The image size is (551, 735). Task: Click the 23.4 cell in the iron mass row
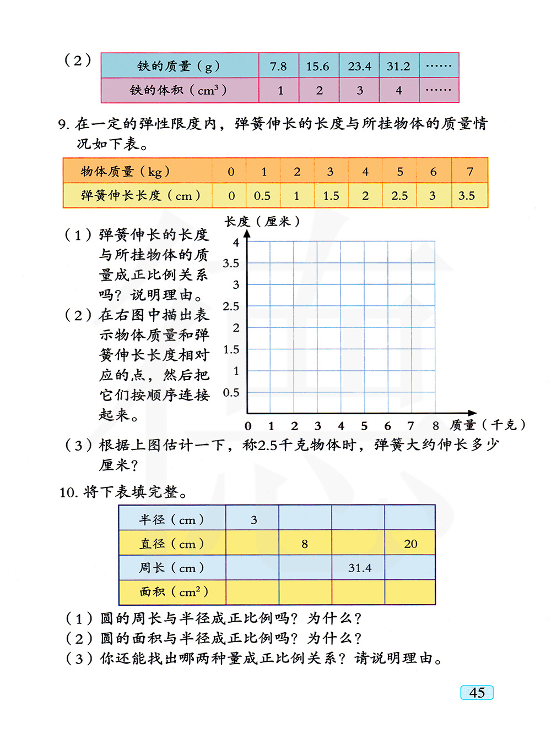pyautogui.click(x=359, y=66)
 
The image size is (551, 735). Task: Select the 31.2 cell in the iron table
pyautogui.click(x=398, y=66)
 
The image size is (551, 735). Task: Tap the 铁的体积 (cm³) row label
pyautogui.click(x=179, y=90)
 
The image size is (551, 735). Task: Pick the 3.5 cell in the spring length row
pyautogui.click(x=467, y=196)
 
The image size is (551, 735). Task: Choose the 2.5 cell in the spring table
pyautogui.click(x=399, y=196)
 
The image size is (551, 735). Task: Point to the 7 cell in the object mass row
pyautogui.click(x=470, y=171)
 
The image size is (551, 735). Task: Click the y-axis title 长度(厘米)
pyautogui.click(x=262, y=221)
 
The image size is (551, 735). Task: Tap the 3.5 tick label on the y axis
pyautogui.click(x=231, y=263)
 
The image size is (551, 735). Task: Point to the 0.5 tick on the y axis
pyautogui.click(x=231, y=392)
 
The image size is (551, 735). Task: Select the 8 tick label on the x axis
pyautogui.click(x=435, y=426)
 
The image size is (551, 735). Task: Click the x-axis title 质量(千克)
pyautogui.click(x=488, y=425)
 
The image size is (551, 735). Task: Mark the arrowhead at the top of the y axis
pyautogui.click(x=247, y=234)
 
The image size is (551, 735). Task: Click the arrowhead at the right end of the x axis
pyautogui.click(x=472, y=413)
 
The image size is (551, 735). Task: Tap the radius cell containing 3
pyautogui.click(x=253, y=519)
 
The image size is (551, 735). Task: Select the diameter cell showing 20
pyautogui.click(x=410, y=544)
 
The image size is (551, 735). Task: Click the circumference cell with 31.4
pyautogui.click(x=360, y=568)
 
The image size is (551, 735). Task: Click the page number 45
pyautogui.click(x=477, y=693)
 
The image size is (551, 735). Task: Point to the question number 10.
pyautogui.click(x=68, y=492)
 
